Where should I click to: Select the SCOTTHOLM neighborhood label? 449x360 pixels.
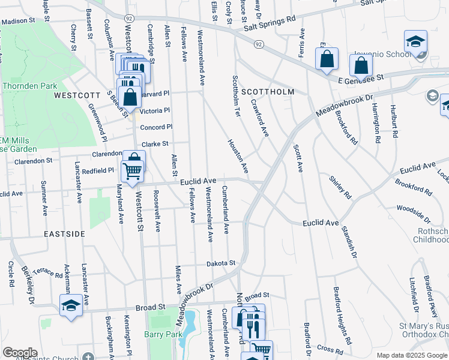pos(268,92)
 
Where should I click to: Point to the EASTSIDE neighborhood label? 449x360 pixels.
pos(64,233)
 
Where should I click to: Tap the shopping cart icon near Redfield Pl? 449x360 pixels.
pos(133,167)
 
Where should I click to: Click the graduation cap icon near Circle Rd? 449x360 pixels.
pos(71,305)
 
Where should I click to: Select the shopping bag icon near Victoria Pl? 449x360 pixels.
pos(130,97)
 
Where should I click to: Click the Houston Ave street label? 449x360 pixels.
pos(238,157)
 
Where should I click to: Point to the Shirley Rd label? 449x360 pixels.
pos(339,187)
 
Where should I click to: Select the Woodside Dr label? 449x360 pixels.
pos(413,213)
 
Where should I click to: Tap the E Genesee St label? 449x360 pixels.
pos(360,79)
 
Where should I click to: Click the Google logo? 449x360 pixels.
pos(20,353)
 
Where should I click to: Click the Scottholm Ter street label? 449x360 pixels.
pos(236,95)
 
